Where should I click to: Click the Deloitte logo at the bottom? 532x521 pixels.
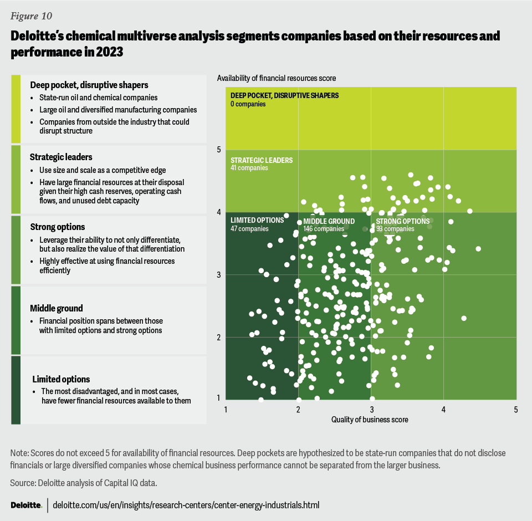[26, 505]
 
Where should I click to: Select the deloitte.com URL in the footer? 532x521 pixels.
[186, 505]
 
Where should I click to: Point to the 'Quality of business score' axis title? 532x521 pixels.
[370, 420]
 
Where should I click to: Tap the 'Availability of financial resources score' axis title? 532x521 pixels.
[277, 78]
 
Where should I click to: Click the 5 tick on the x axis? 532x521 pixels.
[515, 410]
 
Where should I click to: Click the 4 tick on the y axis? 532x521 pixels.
[219, 212]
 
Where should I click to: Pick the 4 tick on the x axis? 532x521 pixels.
[443, 410]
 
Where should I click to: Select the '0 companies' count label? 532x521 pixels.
[248, 104]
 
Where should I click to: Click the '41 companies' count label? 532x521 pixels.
[249, 168]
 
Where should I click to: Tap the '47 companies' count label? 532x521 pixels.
[249, 228]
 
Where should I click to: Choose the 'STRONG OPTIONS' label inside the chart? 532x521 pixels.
[403, 221]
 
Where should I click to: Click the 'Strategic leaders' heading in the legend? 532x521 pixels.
[61, 157]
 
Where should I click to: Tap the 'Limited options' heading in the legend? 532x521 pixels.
[61, 379]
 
